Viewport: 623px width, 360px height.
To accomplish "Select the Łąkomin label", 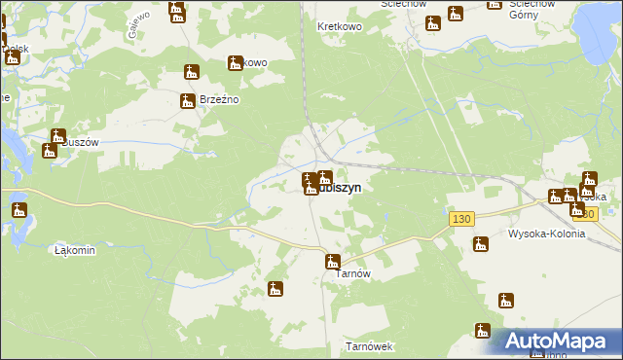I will tap(75, 250).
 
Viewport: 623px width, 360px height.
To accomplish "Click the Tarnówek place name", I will tap(368, 346).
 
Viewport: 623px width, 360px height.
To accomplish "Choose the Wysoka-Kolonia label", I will tap(546, 234).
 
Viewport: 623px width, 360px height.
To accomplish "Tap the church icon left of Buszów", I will tap(50, 151).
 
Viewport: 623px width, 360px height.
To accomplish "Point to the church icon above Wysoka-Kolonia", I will tap(479, 246).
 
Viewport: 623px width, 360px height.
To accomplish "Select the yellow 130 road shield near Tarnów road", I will tap(461, 220).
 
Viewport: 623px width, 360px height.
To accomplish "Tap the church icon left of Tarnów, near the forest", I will tap(276, 289).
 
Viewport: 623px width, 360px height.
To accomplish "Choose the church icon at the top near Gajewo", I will tap(176, 12).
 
